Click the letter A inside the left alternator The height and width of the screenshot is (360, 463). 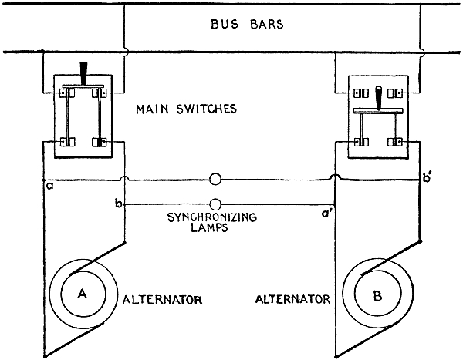81,294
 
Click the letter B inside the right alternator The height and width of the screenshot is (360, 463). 378,294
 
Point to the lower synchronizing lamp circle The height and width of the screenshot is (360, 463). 216,205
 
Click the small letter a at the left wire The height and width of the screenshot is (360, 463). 49,187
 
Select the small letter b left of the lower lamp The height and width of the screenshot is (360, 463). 117,204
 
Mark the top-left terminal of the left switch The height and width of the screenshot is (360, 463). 65,94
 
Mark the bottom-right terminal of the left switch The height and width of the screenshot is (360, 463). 99,142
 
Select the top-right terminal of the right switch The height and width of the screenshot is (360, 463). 395,94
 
